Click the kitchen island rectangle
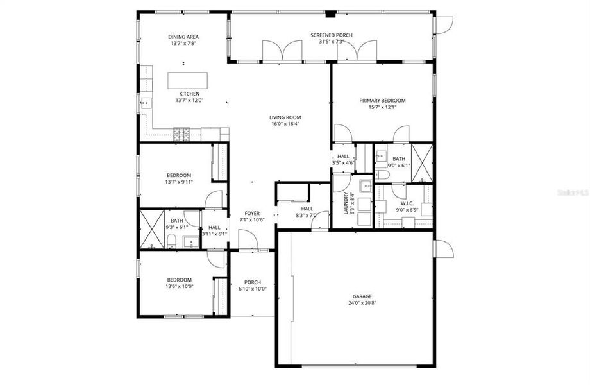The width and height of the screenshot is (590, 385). pos(189,80)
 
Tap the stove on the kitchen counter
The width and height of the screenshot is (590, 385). pos(181,133)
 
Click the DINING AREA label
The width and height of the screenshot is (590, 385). pos(184,37)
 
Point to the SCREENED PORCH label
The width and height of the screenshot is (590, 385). pos(331,35)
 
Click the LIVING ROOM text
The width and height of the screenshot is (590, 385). pos(285,117)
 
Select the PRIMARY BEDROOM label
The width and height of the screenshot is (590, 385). pos(382,101)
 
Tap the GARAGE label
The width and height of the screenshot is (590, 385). pos(361,296)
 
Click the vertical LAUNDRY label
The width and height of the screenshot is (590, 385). pos(346,203)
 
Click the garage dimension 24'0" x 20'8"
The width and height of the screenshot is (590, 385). pos(361,303)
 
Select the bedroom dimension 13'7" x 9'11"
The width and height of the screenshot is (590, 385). pos(180,182)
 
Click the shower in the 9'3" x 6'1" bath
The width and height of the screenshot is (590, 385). pos(151,229)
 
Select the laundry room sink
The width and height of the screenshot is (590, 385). pos(365,187)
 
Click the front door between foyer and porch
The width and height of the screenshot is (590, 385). pos(248,241)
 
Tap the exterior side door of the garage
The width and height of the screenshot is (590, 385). pos(443,249)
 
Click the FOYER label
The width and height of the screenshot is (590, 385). pos(252,214)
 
